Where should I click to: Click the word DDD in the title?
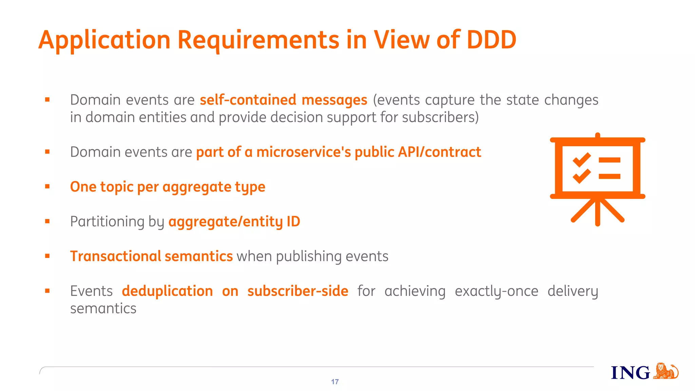click(491, 40)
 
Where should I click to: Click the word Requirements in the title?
click(258, 40)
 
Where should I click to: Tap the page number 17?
click(335, 382)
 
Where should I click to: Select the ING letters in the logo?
click(630, 373)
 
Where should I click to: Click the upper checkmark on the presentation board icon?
click(581, 160)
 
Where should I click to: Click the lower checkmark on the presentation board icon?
click(581, 176)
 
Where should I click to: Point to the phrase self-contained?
click(248, 100)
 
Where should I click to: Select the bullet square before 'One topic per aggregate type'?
click(47, 186)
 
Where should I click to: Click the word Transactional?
click(115, 256)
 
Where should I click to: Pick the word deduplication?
click(167, 291)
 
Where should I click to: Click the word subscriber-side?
click(298, 291)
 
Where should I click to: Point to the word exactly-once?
click(496, 291)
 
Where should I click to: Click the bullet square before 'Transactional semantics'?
click(47, 256)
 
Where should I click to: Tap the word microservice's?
click(303, 152)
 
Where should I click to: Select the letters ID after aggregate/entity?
click(293, 222)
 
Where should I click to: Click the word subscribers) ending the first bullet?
click(440, 117)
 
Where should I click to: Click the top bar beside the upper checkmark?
click(609, 160)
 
